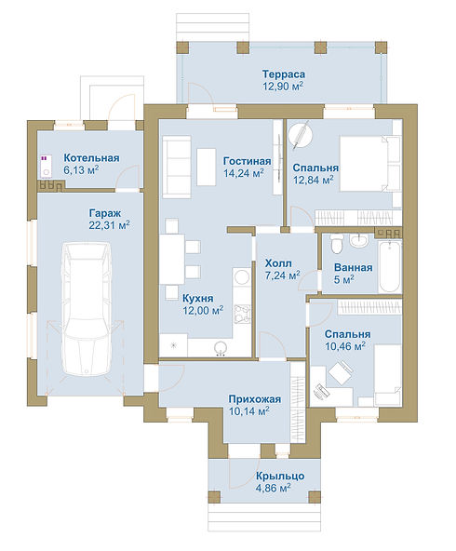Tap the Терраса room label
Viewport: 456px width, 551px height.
click(284, 74)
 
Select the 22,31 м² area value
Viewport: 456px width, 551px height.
click(109, 225)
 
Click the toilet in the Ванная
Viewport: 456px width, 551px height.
click(337, 244)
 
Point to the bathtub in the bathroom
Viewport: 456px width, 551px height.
click(390, 265)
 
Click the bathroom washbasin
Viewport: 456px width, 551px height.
click(358, 240)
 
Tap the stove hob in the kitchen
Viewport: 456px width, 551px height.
click(242, 314)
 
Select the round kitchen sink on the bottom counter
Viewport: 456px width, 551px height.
click(221, 347)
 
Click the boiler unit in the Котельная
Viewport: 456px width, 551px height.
click(46, 166)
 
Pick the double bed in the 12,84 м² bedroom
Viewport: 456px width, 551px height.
click(369, 164)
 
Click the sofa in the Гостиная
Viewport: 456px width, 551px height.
click(177, 167)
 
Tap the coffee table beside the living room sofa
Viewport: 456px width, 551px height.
click(207, 167)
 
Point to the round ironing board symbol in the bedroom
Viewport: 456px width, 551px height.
click(300, 133)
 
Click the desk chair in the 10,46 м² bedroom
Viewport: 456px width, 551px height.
click(340, 372)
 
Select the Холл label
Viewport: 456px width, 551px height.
click(278, 263)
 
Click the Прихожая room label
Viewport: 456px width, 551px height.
click(255, 399)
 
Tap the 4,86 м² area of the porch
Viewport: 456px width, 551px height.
click(273, 488)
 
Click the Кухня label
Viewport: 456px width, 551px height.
click(198, 299)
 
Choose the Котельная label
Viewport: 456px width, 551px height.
click(91, 158)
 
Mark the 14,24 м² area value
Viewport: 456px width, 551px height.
click(244, 173)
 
